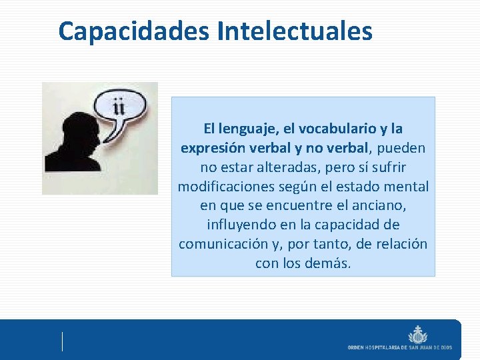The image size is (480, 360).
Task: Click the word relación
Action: pyautogui.click(x=400, y=244)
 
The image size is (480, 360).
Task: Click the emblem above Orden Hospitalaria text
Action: pyautogui.click(x=418, y=333)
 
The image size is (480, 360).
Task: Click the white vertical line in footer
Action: pyautogui.click(x=63, y=341)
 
